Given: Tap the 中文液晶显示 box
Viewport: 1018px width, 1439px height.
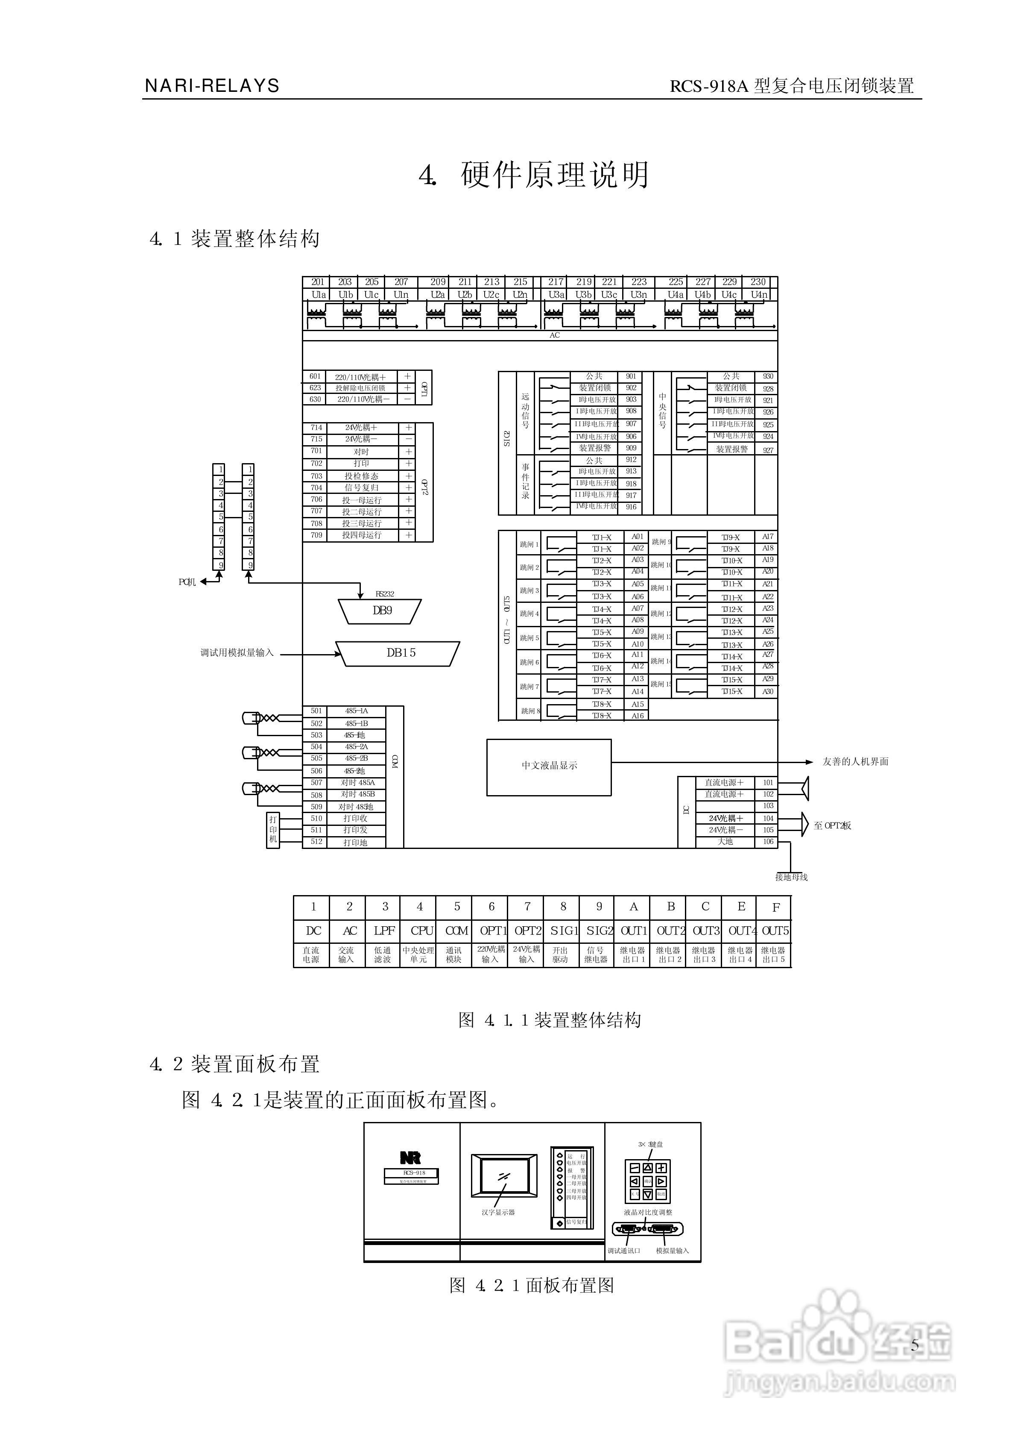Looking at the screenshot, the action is click(x=549, y=766).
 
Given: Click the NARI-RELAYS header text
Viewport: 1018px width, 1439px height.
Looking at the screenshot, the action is click(x=212, y=86).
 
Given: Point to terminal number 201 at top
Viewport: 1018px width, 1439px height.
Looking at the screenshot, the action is click(x=318, y=282).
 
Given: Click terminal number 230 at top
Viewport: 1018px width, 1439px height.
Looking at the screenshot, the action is click(x=758, y=282).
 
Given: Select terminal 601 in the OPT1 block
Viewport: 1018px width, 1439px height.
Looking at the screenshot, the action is click(x=315, y=377).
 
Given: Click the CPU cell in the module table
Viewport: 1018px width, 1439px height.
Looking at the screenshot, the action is click(x=421, y=931).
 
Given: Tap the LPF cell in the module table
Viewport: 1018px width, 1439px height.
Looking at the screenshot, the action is click(x=384, y=931).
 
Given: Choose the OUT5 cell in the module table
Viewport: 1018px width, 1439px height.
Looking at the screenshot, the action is click(x=775, y=931).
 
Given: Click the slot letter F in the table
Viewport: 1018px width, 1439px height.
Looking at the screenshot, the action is click(x=776, y=907).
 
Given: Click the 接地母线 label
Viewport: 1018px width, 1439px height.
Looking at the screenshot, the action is click(x=791, y=877).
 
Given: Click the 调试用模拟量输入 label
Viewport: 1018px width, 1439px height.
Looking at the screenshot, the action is click(x=237, y=653).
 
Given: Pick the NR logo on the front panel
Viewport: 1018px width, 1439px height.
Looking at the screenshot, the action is click(x=411, y=1157).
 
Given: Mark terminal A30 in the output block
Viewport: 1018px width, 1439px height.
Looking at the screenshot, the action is click(x=768, y=692).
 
